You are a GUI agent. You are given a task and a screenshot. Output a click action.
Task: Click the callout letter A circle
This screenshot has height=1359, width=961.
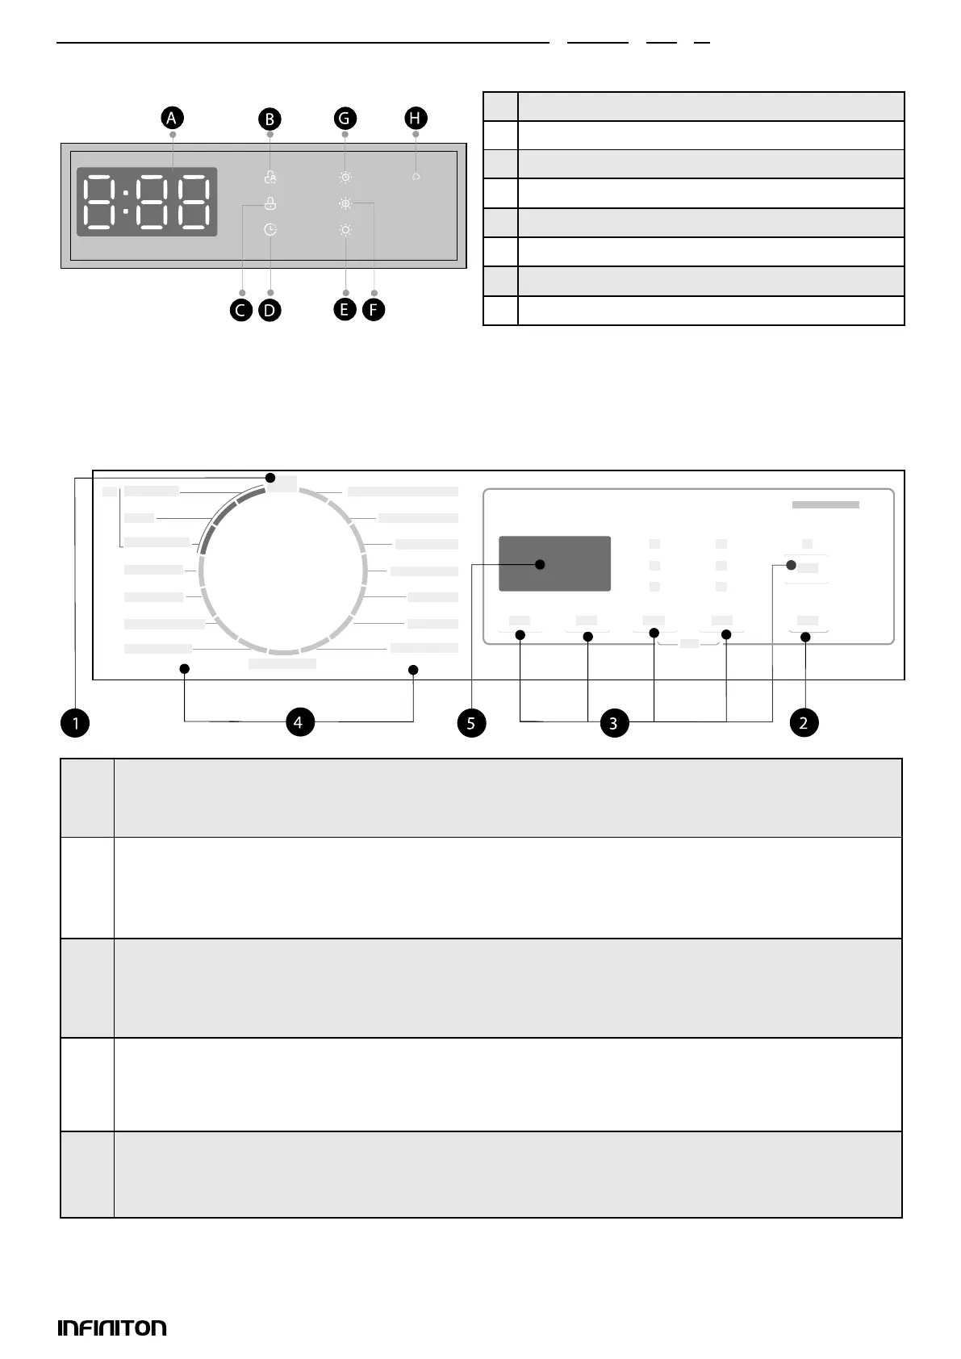(171, 118)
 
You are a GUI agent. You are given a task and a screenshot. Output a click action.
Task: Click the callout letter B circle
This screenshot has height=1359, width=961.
(269, 119)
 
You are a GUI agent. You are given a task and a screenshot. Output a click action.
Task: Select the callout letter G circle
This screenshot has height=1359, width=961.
(345, 119)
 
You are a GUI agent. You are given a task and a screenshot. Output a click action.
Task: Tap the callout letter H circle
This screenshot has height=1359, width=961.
(415, 119)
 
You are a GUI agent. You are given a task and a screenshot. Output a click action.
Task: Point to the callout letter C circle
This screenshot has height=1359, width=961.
(241, 310)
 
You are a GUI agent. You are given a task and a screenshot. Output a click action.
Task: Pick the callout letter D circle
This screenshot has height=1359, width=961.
(269, 310)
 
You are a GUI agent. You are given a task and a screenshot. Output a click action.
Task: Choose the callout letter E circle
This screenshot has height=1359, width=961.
(345, 310)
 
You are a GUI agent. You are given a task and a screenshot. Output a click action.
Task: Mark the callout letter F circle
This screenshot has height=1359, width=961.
(373, 310)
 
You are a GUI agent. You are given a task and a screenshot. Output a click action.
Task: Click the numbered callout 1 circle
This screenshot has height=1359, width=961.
(75, 723)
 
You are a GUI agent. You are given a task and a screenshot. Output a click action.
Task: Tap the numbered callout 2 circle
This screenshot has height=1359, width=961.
(804, 723)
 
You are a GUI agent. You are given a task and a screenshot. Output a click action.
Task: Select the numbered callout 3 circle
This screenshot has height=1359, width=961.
(613, 723)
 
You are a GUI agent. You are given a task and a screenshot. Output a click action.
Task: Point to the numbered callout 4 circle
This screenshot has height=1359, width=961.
(299, 721)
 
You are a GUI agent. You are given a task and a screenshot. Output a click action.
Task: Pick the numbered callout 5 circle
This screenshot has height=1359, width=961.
(471, 723)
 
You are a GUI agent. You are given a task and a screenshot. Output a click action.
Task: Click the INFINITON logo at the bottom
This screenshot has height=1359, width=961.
(112, 1328)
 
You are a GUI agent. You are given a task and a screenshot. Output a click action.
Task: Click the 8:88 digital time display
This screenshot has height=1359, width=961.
(147, 202)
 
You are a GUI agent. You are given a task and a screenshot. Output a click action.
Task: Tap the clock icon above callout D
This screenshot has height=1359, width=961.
(270, 230)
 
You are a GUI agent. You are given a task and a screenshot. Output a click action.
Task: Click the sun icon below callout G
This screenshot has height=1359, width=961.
(345, 178)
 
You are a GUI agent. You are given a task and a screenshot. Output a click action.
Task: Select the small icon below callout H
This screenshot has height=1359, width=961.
(416, 176)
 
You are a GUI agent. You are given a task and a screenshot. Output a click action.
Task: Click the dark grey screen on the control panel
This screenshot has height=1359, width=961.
(554, 563)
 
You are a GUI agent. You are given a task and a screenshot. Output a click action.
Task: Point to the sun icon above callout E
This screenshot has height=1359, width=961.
(345, 230)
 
